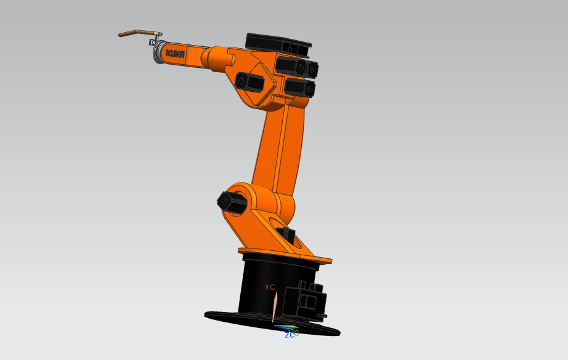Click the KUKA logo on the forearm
pyautogui.click(x=176, y=54)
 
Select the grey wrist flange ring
pyautogui.click(x=158, y=52)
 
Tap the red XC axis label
pyautogui.click(x=269, y=287)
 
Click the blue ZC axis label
pyautogui.click(x=289, y=335)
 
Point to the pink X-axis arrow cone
pyautogui.click(x=275, y=306)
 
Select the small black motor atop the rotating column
pyautogui.click(x=286, y=235)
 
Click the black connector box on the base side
pyautogui.click(x=308, y=301)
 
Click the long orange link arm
pyautogui.click(x=280, y=148)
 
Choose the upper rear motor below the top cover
pyautogui.click(x=296, y=66)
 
